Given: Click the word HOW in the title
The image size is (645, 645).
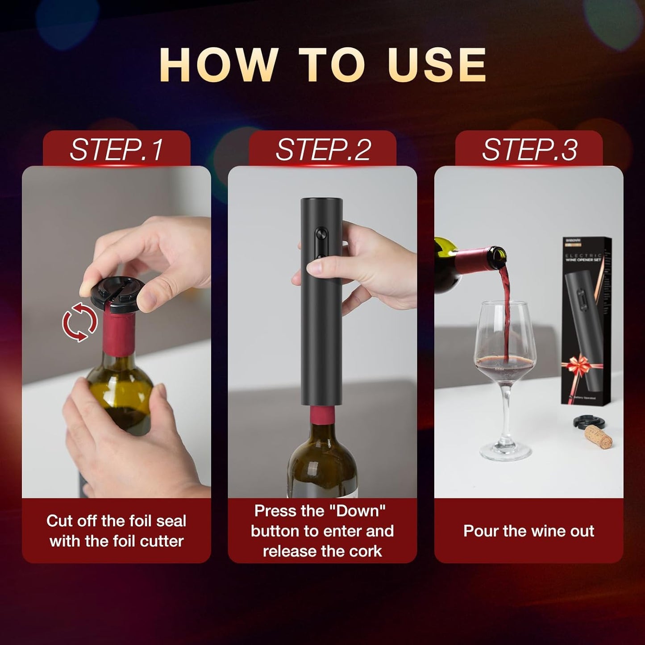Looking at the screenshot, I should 218,65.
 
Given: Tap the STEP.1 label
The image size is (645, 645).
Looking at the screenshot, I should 117,150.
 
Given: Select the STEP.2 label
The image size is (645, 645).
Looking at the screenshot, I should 323,150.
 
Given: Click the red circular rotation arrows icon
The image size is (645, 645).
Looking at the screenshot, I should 79,322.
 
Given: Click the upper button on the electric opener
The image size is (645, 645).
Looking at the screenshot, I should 321,234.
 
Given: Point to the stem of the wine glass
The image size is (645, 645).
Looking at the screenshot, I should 505,411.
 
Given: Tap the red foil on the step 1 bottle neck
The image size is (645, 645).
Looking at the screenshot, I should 119,335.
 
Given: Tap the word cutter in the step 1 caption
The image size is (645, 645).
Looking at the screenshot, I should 162,541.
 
